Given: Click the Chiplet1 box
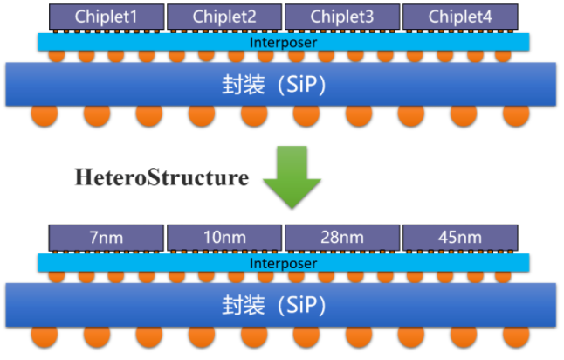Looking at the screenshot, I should (107, 16).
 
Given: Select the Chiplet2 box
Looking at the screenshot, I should (224, 16).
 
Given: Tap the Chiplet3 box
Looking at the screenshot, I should (342, 16).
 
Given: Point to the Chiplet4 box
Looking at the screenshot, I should (460, 16).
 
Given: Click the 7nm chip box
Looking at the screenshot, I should (107, 237).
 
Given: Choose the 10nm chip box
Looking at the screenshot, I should (224, 237).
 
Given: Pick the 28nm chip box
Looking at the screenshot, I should (342, 237).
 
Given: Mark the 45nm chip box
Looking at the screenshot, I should (460, 237).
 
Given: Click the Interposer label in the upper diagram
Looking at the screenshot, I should (283, 42).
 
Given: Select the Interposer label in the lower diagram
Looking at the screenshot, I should (283, 263).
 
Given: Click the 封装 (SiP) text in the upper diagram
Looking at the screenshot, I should (284, 85).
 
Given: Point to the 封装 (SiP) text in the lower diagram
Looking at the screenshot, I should (284, 306).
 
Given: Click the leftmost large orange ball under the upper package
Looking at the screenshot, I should (45, 116).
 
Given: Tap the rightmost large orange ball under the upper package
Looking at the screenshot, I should (515, 116).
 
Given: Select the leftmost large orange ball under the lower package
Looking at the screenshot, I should (45, 337).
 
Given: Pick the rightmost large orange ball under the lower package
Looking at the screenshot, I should (515, 337).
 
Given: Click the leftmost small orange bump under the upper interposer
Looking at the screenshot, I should (56, 56).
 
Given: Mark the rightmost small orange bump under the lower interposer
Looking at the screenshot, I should (505, 277).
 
